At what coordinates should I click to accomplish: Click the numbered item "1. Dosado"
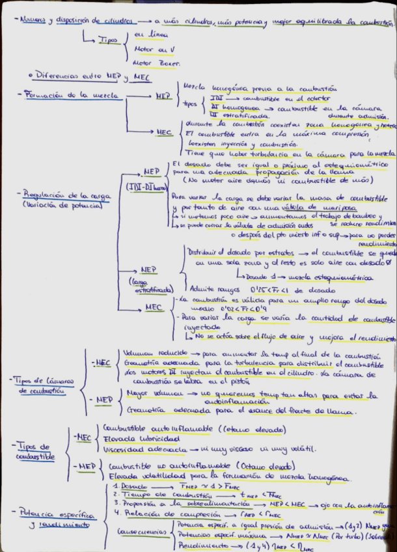click(x=130, y=486)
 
